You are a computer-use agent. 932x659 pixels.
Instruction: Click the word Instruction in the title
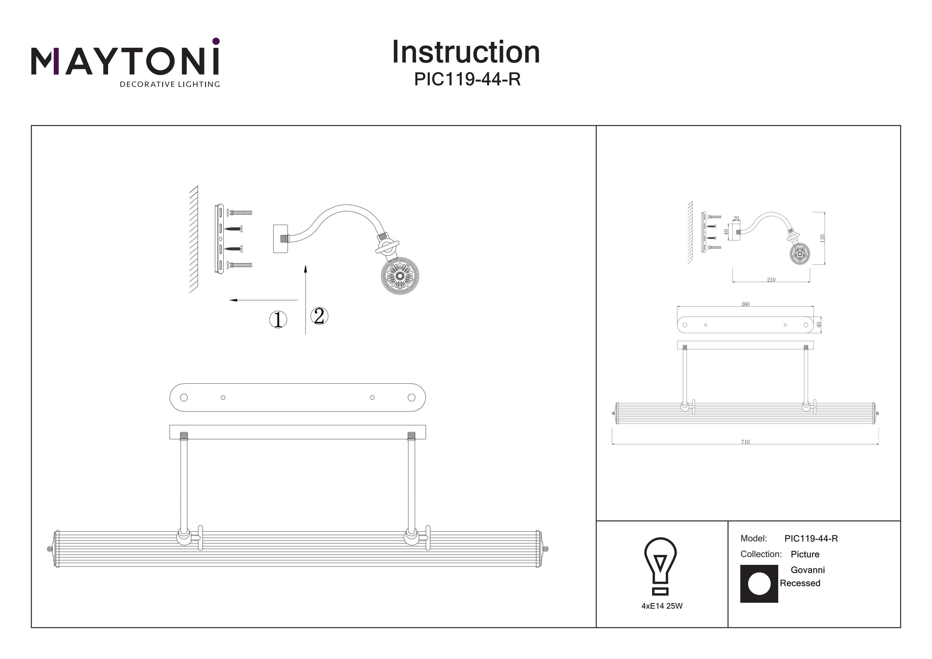click(x=466, y=53)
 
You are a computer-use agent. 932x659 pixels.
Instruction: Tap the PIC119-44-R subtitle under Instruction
click(x=467, y=79)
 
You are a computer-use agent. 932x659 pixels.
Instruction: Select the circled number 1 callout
click(x=278, y=319)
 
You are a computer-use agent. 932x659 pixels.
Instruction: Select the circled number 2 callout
click(x=319, y=316)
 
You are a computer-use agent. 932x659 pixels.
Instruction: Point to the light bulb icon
click(x=660, y=565)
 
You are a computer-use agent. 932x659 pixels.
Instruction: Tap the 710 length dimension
click(x=745, y=442)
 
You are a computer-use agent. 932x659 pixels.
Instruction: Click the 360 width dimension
click(x=745, y=304)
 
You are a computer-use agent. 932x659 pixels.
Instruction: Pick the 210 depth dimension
click(x=771, y=280)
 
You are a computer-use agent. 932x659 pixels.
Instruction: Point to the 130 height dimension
click(x=822, y=238)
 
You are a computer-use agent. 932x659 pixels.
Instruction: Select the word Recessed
click(x=800, y=583)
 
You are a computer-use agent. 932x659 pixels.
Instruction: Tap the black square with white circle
click(x=759, y=584)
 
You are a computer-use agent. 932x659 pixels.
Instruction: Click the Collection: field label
click(x=761, y=554)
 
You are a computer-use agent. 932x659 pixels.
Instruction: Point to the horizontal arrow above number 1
click(x=264, y=300)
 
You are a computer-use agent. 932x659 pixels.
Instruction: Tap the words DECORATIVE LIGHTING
click(x=170, y=85)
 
